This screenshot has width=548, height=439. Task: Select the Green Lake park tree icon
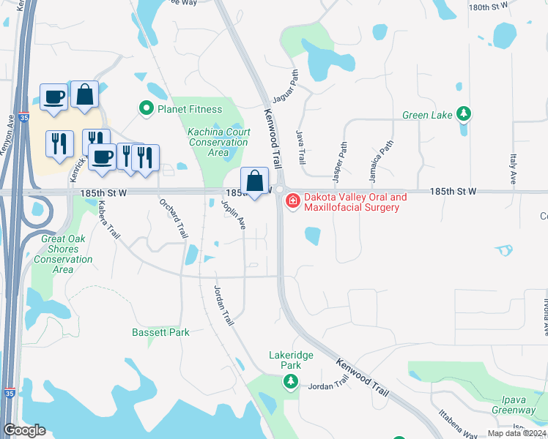(463, 114)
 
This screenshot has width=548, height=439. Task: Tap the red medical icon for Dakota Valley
(292, 200)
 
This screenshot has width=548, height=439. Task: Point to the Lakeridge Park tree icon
(291, 381)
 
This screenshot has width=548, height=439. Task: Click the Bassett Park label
(160, 333)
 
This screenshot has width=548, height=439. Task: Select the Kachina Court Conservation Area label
(218, 142)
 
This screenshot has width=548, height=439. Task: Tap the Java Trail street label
(300, 147)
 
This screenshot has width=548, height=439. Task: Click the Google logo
(25, 430)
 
